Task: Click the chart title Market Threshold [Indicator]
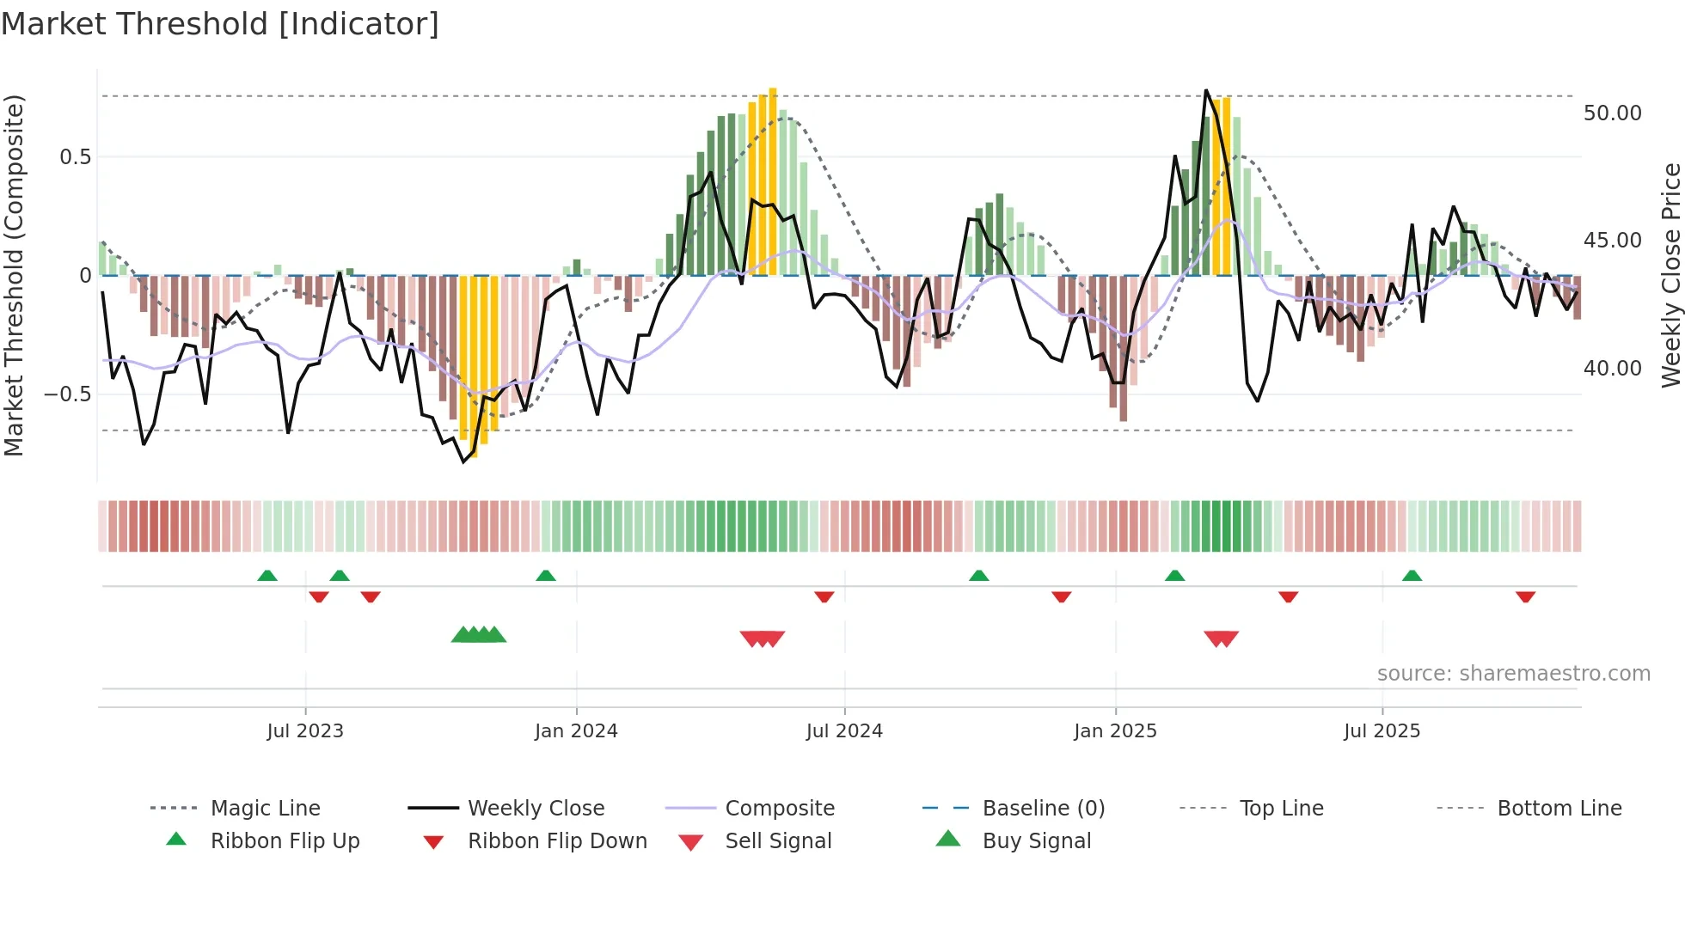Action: pyautogui.click(x=220, y=24)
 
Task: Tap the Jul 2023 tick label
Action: pyautogui.click(x=305, y=731)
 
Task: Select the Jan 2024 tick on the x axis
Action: pyautogui.click(x=576, y=731)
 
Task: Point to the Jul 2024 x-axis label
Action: pyautogui.click(x=844, y=731)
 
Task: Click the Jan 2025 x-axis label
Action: pyautogui.click(x=1115, y=731)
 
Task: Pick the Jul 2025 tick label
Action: pyautogui.click(x=1382, y=731)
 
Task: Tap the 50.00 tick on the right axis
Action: pyautogui.click(x=1612, y=113)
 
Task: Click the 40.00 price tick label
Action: pyautogui.click(x=1612, y=369)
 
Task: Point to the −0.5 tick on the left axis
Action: pyautogui.click(x=68, y=394)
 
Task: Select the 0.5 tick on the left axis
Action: pyautogui.click(x=75, y=157)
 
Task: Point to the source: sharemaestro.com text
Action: pyautogui.click(x=1513, y=674)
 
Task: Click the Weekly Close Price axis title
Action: pyautogui.click(x=1670, y=275)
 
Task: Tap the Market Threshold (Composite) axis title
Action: pyautogui.click(x=14, y=275)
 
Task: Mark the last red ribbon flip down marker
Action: pyautogui.click(x=1525, y=596)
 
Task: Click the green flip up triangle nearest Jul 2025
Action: pyautogui.click(x=1412, y=576)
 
